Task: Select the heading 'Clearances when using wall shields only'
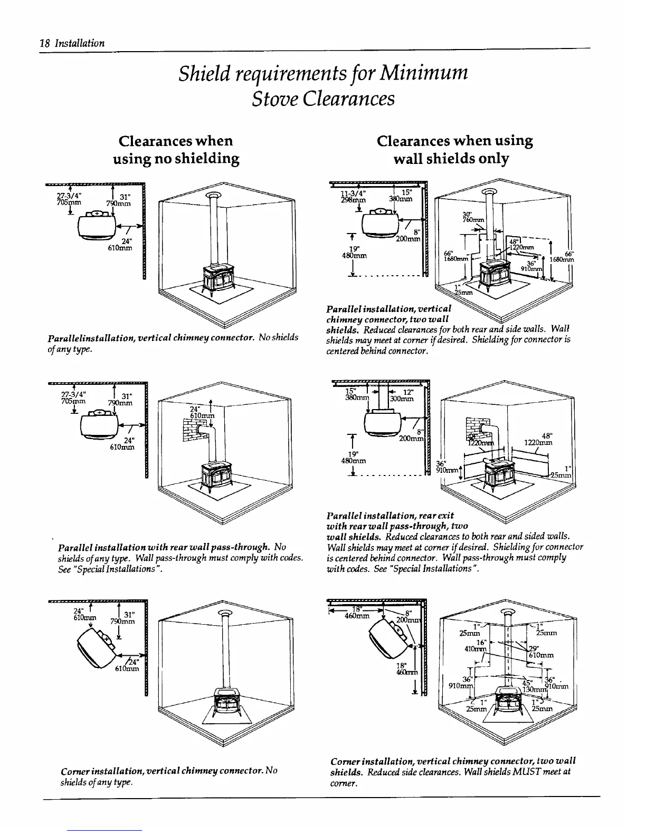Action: click(454, 150)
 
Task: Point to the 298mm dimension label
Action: click(353, 200)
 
